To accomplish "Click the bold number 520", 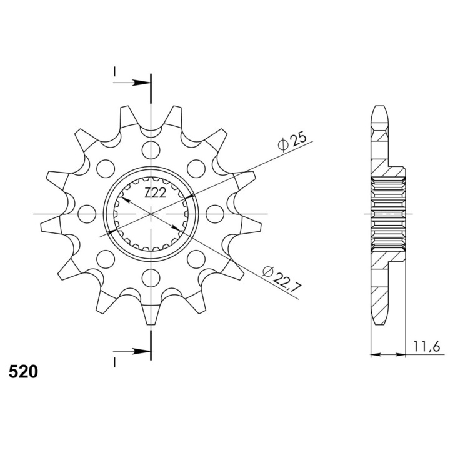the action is pyautogui.click(x=23, y=372).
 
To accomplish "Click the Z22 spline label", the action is pyautogui.click(x=155, y=193).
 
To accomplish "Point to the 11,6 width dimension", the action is pyautogui.click(x=427, y=347).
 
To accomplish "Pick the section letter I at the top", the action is pyautogui.click(x=114, y=72).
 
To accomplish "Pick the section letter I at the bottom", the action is pyautogui.click(x=114, y=362).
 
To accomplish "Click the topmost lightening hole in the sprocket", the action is pyautogui.click(x=151, y=149).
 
